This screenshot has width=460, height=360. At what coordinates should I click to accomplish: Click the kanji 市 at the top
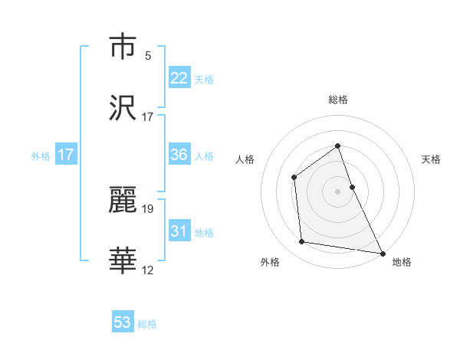123,47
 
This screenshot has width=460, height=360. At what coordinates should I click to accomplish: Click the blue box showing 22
179,77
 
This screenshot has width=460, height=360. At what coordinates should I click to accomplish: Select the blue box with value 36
179,154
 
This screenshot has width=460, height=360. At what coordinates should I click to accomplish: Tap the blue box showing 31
179,231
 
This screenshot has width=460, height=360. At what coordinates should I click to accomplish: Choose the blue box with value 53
123,322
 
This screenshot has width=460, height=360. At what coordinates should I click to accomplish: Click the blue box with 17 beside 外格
66,155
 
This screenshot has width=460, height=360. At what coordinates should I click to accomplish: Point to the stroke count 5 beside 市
148,55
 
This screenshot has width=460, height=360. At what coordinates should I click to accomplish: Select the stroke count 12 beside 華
148,270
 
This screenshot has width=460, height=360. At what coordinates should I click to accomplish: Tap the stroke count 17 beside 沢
148,116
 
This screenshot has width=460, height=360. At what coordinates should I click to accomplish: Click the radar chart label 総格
337,100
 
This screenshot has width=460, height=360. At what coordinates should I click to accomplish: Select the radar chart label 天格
431,159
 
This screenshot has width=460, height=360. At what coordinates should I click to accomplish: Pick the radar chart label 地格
402,262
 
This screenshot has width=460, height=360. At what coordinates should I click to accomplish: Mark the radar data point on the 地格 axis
382,252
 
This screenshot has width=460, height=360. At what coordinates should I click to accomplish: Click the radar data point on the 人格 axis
294,177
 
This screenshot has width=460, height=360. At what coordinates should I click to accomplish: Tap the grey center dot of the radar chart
337,191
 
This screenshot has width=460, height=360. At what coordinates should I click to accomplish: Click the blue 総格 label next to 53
147,324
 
